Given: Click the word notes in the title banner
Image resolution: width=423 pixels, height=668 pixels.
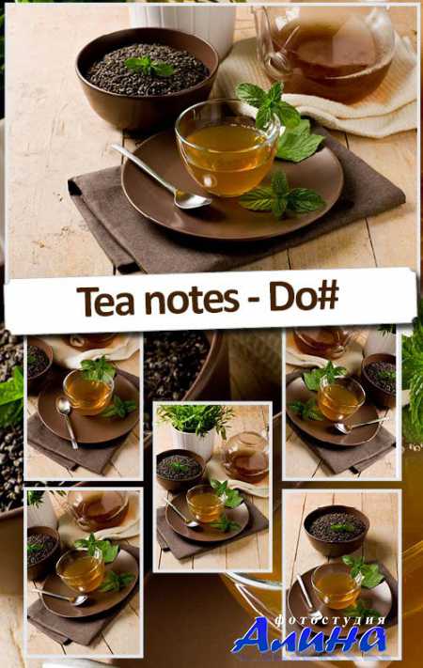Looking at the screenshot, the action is pyautogui.click(x=192, y=301).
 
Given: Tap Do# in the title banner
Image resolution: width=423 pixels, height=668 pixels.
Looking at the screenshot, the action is pyautogui.click(x=304, y=298).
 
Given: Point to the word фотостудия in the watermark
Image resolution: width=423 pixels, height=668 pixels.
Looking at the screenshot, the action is pyautogui.click(x=331, y=620).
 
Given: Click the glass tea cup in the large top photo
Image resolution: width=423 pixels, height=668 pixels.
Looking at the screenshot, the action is pyautogui.click(x=229, y=147).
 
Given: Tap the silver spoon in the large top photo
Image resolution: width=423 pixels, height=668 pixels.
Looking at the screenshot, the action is pyautogui.click(x=161, y=176).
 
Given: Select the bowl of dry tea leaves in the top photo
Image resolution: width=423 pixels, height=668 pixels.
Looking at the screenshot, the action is pyautogui.click(x=147, y=77).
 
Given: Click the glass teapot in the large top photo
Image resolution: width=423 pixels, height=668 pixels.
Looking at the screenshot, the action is pyautogui.click(x=325, y=51).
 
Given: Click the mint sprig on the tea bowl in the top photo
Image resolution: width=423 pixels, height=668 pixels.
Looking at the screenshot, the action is pyautogui.click(x=149, y=66).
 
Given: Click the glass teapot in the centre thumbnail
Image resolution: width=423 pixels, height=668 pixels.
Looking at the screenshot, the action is pyautogui.click(x=246, y=457).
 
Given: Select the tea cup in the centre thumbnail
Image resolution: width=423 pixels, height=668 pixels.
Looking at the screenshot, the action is pyautogui.click(x=206, y=505).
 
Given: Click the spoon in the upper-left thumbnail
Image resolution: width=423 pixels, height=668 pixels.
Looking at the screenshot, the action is pyautogui.click(x=67, y=421).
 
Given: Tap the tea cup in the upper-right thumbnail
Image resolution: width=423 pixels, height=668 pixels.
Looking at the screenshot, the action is pyautogui.click(x=340, y=399).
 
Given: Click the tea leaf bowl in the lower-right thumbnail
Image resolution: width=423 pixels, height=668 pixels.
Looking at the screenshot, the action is pyautogui.click(x=337, y=531).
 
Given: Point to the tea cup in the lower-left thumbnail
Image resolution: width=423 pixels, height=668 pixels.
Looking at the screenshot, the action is pyautogui.click(x=81, y=570).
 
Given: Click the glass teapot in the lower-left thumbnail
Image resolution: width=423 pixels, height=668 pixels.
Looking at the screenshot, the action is pyautogui.click(x=99, y=509).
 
